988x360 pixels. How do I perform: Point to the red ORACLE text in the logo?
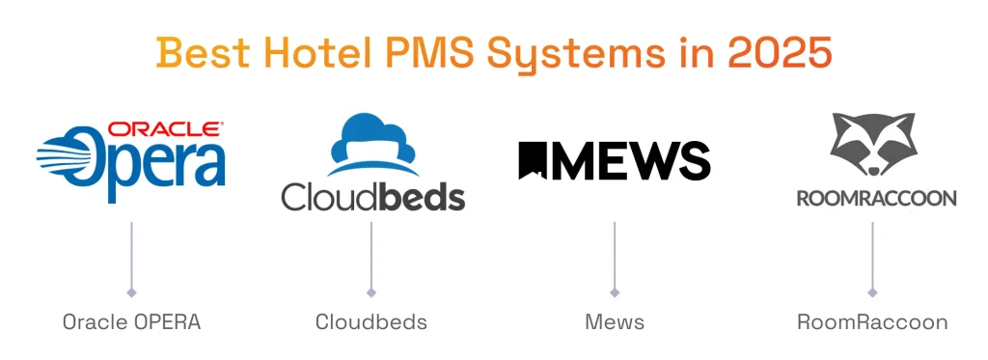click(x=166, y=128)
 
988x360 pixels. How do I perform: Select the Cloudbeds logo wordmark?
click(x=372, y=196)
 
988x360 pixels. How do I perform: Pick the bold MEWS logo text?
click(x=632, y=161)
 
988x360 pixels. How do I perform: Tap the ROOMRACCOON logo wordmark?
click(x=876, y=198)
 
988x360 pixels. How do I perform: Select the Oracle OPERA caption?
click(x=131, y=322)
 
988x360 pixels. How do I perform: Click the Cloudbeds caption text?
click(x=371, y=322)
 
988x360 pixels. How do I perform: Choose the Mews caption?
click(x=615, y=322)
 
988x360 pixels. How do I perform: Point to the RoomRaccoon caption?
click(x=872, y=322)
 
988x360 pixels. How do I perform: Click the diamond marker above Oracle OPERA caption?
click(x=131, y=291)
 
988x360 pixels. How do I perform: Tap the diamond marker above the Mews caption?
click(x=615, y=291)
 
